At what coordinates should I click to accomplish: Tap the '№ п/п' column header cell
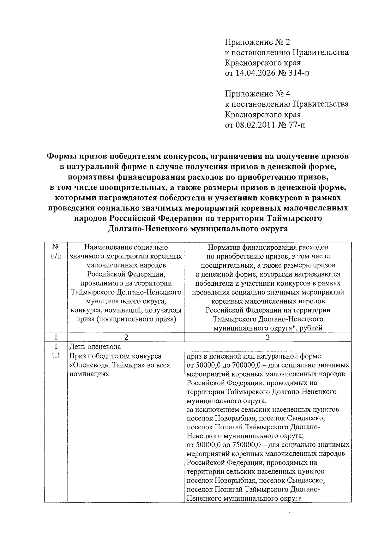point(56,252)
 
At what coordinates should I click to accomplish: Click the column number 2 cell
point(126,337)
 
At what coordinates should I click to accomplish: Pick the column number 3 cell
point(268,337)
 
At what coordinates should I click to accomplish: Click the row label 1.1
point(56,356)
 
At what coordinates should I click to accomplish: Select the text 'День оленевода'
point(95,347)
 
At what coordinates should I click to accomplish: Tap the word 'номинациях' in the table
point(89,374)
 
